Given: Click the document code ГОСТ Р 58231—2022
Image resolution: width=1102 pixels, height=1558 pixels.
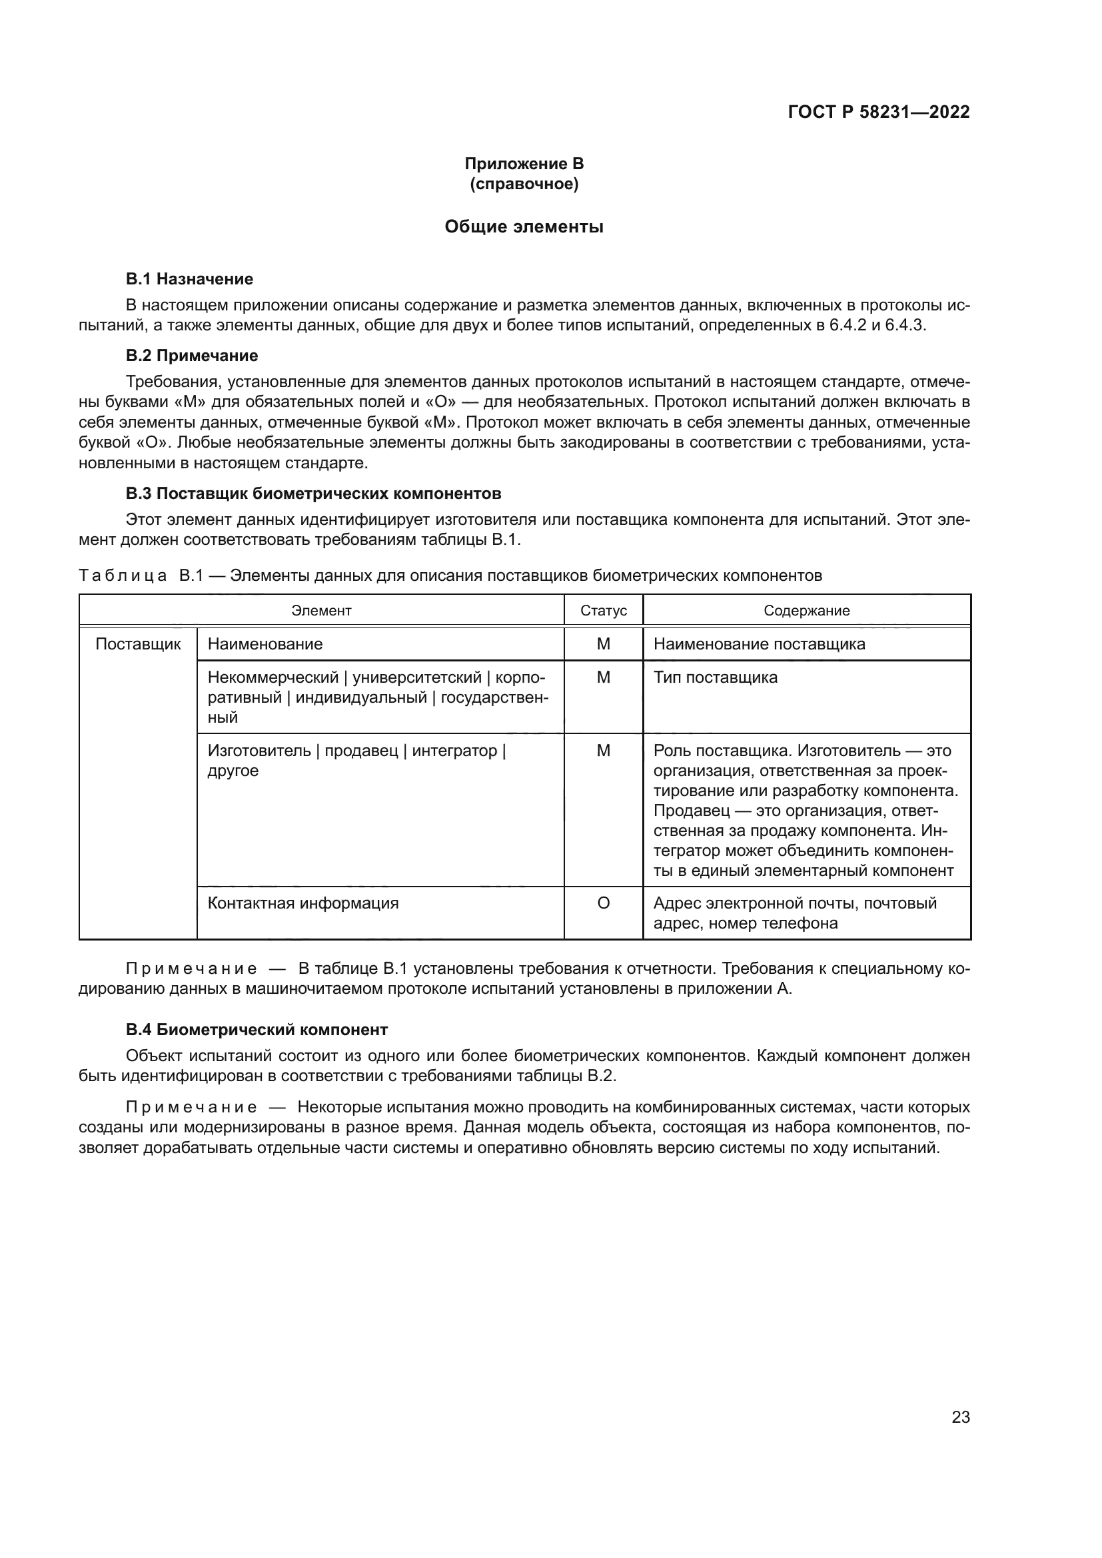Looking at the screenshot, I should (x=879, y=112).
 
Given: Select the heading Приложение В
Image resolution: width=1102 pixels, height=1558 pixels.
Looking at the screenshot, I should (x=524, y=164).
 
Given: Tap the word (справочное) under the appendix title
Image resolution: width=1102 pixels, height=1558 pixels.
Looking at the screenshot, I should (x=524, y=184).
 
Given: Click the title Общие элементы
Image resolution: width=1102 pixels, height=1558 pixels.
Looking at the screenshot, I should (x=524, y=226).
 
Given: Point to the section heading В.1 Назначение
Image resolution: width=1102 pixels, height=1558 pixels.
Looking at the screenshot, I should (x=189, y=279).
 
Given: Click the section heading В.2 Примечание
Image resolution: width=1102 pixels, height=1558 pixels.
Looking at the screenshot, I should (x=191, y=356).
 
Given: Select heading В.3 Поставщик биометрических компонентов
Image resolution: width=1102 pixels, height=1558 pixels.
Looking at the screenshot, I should (x=314, y=493).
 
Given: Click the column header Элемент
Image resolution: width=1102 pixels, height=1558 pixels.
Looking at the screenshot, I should (x=321, y=610).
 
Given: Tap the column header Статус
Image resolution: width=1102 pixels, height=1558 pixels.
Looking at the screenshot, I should (x=603, y=610).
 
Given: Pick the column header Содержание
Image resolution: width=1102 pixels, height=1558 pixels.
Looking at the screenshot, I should (x=806, y=610).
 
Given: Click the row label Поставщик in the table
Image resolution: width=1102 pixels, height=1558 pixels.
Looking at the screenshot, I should (x=138, y=644).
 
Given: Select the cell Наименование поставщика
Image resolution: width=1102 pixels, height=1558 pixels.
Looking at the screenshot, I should (x=759, y=644).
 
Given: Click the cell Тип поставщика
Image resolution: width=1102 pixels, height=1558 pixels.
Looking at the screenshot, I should (x=715, y=677).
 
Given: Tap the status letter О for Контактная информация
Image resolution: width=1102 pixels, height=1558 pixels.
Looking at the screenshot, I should (x=603, y=903).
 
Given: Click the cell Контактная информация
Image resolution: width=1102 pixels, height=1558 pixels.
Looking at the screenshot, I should (x=302, y=903).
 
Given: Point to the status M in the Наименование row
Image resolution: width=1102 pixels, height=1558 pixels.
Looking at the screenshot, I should (x=603, y=644).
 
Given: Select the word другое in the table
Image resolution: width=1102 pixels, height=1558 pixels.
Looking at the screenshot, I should (x=233, y=771).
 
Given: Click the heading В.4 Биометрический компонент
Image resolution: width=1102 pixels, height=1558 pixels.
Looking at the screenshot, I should (x=257, y=1029).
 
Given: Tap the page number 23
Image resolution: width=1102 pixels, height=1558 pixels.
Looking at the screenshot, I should (x=960, y=1417).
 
